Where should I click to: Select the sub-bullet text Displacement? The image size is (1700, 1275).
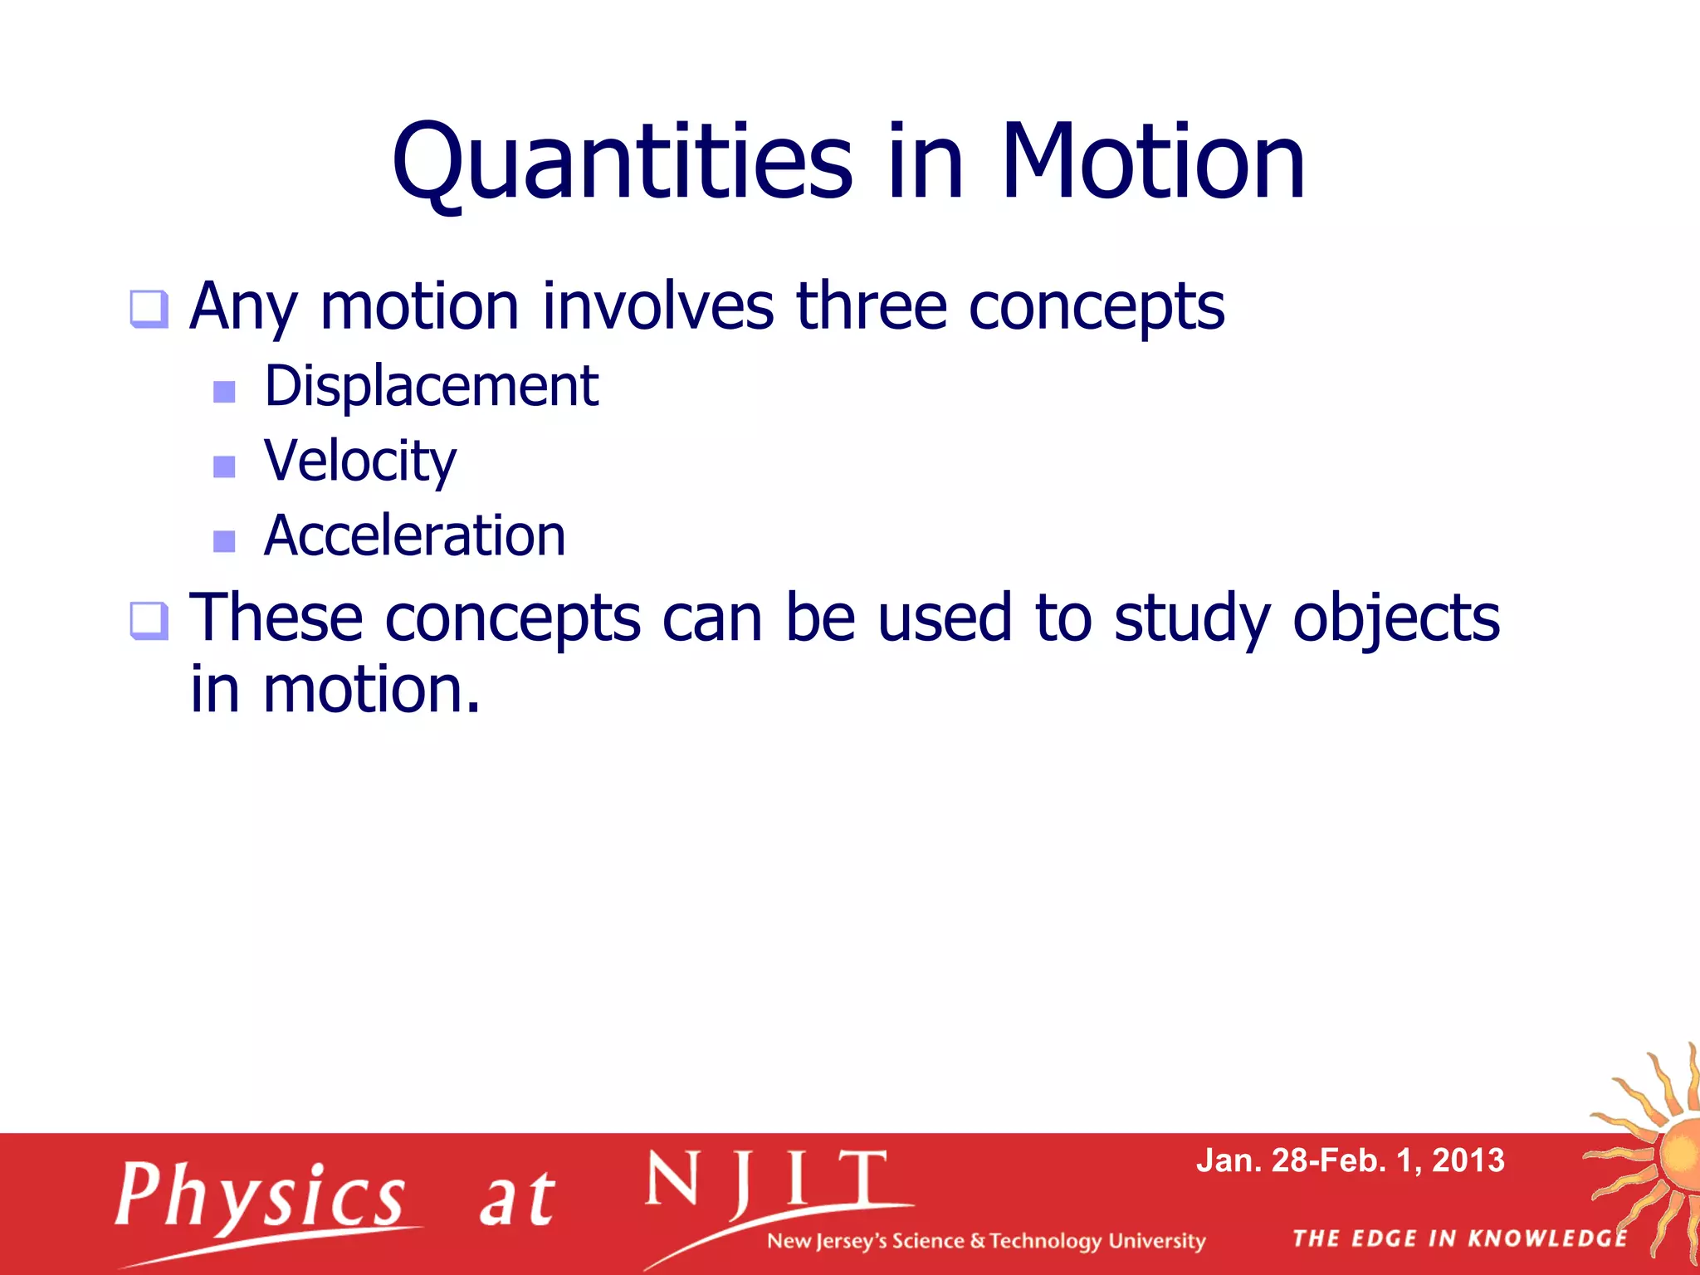tap(431, 387)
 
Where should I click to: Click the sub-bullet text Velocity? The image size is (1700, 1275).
tap(359, 462)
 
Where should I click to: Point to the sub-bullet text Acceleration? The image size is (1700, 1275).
tap(414, 536)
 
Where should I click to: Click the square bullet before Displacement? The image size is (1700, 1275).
tap(224, 391)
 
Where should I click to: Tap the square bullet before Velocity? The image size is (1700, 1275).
tap(224, 466)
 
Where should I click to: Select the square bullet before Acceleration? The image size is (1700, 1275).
tap(224, 541)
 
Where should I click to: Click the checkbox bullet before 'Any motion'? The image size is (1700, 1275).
tap(149, 310)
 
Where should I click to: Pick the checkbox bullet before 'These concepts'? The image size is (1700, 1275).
tap(149, 621)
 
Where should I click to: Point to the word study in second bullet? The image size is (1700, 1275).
tap(1191, 619)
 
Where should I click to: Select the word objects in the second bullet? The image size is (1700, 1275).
tap(1396, 619)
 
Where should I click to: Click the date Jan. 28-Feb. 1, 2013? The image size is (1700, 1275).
tap(1350, 1160)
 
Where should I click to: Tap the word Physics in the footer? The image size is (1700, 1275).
tap(261, 1195)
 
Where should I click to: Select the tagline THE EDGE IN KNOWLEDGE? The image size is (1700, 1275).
tap(1460, 1238)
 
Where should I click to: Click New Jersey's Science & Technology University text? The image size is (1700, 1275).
tap(985, 1241)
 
